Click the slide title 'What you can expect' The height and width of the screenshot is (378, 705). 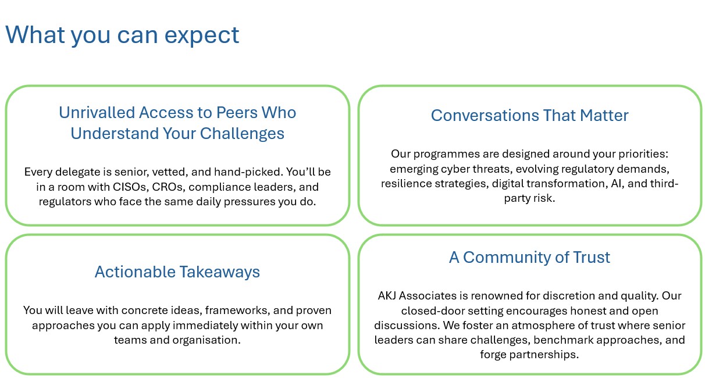(122, 35)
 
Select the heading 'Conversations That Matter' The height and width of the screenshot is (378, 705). (530, 115)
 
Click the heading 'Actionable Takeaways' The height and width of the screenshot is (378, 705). (177, 272)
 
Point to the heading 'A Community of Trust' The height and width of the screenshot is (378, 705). (529, 258)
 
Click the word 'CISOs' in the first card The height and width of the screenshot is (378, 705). (131, 187)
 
